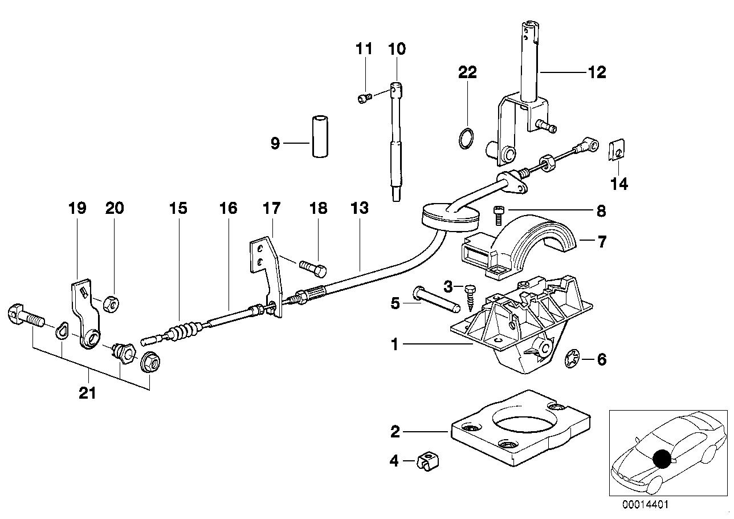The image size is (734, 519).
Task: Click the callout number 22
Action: (467, 72)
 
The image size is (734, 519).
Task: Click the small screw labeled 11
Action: (364, 99)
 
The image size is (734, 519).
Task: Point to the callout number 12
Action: (597, 72)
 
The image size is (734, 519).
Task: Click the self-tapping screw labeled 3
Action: (471, 295)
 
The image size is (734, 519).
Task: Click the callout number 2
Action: (395, 432)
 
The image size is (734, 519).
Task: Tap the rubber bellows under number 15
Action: (183, 331)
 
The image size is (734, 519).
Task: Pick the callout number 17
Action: (271, 208)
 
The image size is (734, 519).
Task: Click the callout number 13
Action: (360, 208)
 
